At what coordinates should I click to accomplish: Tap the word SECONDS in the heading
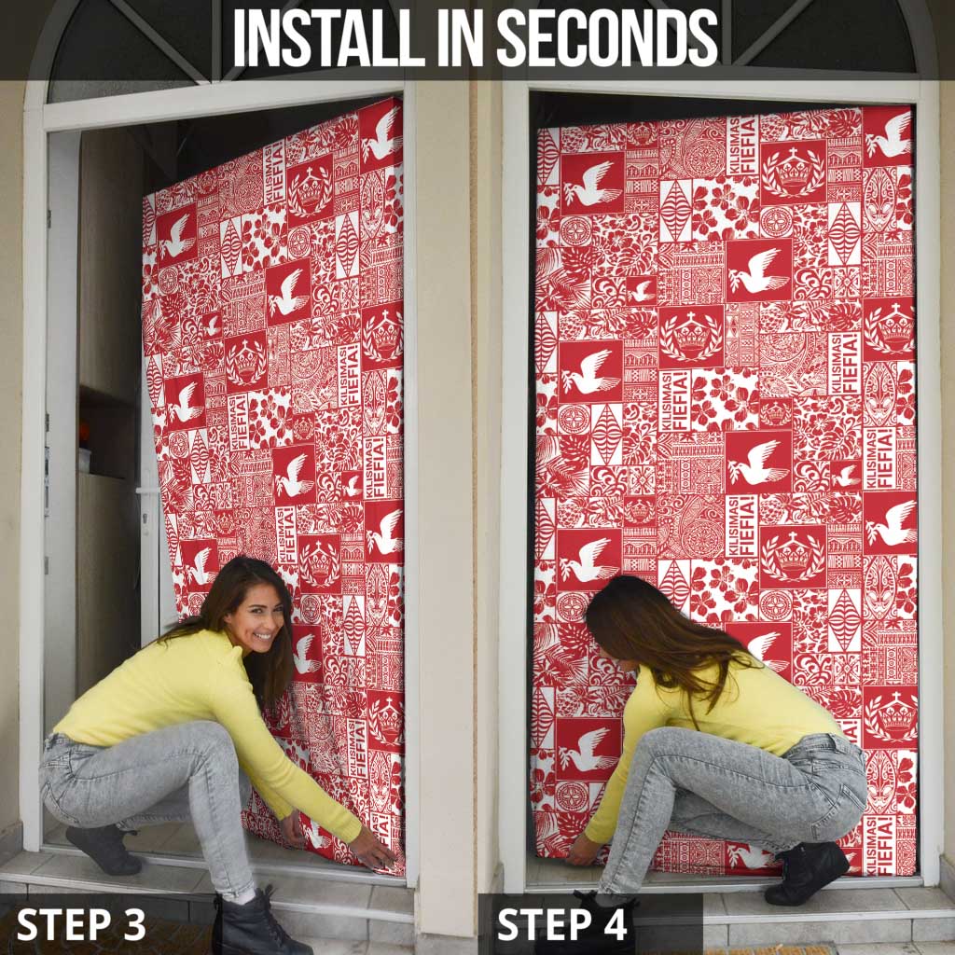607,38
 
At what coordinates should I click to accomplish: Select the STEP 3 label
81,924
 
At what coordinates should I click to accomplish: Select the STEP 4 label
562,924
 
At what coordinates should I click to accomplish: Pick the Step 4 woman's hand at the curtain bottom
582,851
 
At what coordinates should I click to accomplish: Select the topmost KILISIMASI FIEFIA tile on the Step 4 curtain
742,145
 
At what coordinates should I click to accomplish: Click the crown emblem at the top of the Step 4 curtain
794,172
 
